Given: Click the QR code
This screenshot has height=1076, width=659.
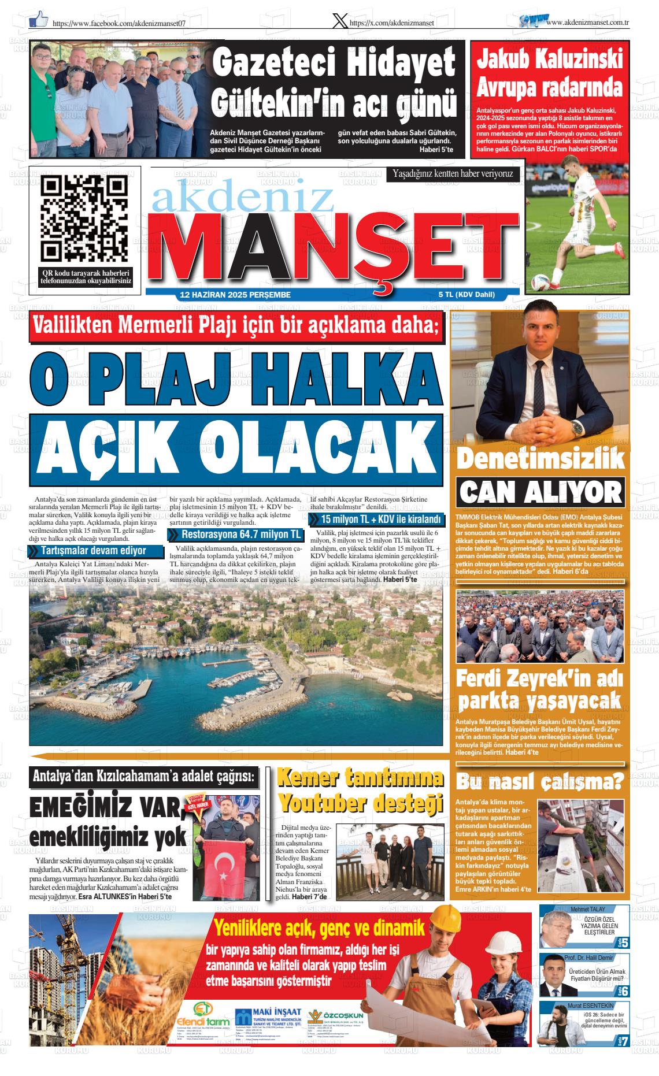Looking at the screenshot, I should coord(85,218).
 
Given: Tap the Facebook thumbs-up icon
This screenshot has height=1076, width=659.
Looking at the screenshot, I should coord(38,20).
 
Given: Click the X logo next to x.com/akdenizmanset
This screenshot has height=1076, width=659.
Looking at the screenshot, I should coord(340,21).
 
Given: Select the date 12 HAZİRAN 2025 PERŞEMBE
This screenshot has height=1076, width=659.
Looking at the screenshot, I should coord(235,295).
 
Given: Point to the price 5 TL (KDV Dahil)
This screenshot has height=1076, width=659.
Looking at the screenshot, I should coord(466,295).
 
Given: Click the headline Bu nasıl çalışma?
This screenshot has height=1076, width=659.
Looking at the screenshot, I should coord(540,782).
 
